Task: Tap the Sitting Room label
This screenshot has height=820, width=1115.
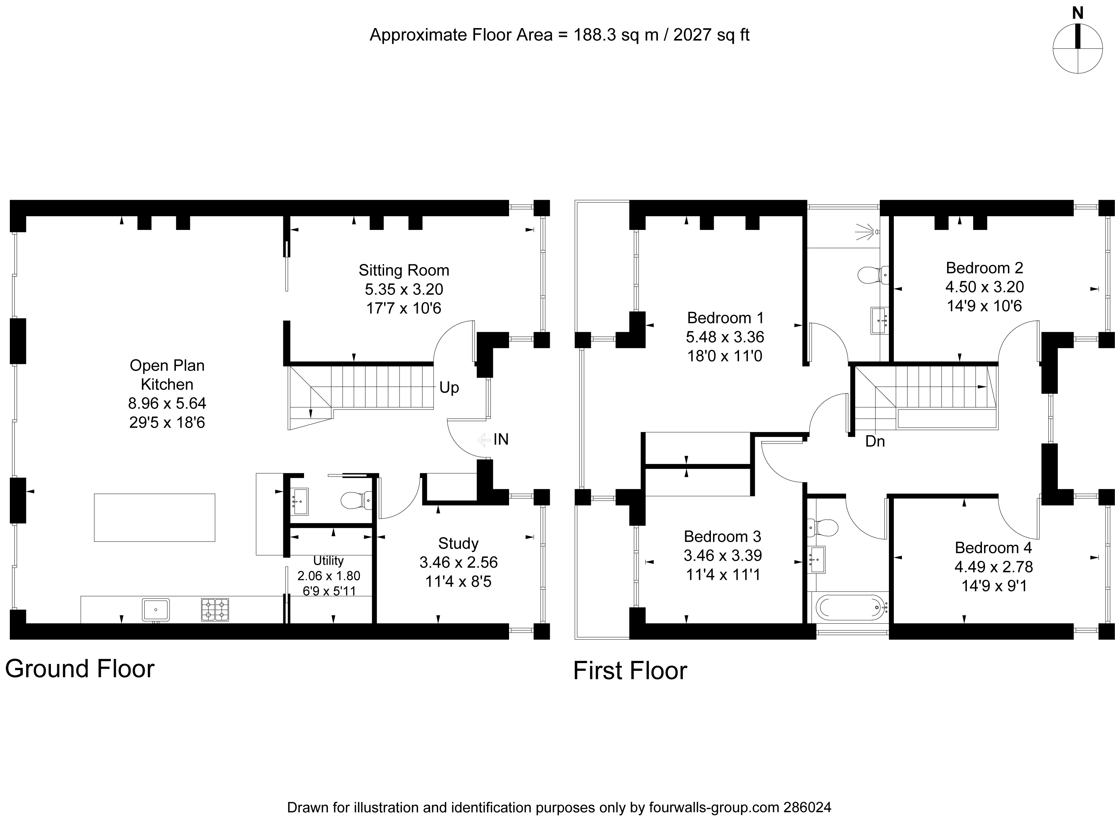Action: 404,271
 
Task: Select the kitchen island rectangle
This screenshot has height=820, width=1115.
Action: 154,517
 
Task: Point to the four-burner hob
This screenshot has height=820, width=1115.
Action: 215,609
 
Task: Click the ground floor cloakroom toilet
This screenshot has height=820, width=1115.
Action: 355,500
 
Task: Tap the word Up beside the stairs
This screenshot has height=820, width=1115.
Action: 449,388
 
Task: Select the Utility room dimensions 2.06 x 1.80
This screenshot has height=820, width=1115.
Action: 329,576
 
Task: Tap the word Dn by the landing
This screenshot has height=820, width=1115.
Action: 875,441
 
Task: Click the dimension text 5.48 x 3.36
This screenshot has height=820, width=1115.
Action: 725,337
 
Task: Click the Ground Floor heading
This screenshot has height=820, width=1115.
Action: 80,669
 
